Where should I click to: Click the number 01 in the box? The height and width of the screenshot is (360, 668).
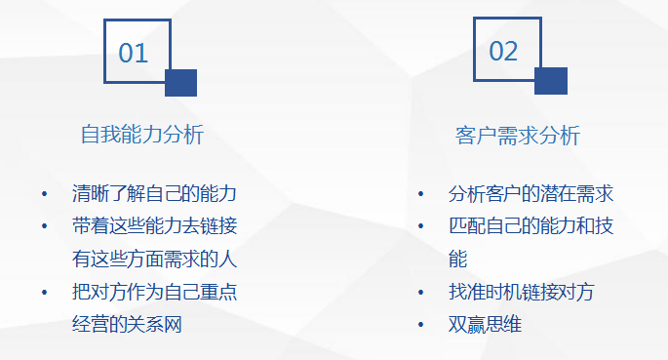click(134, 53)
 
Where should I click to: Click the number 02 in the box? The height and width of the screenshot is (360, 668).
click(503, 51)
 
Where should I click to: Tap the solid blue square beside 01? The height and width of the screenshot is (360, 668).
click(181, 83)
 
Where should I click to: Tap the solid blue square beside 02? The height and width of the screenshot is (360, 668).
click(551, 81)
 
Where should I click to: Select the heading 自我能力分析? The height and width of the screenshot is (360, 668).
click(142, 135)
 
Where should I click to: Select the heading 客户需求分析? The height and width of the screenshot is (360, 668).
click(517, 135)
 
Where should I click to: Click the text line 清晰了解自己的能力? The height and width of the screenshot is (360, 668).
click(155, 193)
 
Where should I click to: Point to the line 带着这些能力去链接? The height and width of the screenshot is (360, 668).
click(155, 226)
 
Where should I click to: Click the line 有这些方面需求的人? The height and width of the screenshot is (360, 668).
click(155, 259)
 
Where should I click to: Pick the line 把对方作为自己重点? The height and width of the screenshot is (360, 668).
click(155, 292)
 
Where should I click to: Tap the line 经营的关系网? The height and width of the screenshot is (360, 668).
click(127, 324)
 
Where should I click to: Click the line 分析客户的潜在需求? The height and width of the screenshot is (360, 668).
click(530, 193)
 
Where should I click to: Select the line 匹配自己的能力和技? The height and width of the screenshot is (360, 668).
click(530, 226)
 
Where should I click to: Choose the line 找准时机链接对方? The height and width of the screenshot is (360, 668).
click(522, 292)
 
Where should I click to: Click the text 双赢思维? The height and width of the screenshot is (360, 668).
click(485, 324)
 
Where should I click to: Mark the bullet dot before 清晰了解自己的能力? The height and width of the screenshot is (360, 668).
click(44, 194)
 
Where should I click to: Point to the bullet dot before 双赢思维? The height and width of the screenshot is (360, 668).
click(420, 325)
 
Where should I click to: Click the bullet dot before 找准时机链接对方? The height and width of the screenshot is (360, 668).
click(420, 293)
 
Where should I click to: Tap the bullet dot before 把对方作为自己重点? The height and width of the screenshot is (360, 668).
click(44, 293)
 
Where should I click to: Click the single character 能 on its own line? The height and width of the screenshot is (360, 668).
click(457, 259)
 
